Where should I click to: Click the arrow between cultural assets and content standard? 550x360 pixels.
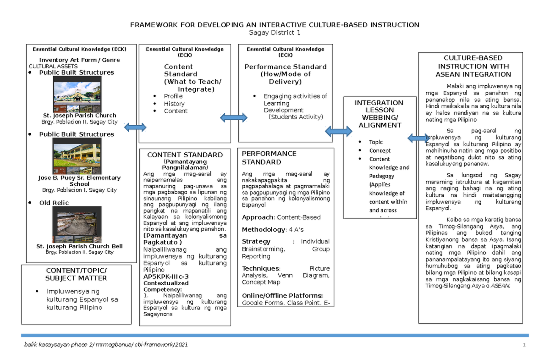(135, 127)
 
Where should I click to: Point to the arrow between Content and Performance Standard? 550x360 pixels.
(233, 118)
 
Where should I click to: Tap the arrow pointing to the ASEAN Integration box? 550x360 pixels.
(418, 138)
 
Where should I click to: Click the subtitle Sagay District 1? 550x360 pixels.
(275, 33)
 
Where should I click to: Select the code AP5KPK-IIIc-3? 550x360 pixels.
(166, 277)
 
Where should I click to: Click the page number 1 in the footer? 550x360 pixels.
(522, 345)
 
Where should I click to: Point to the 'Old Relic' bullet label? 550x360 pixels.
(54, 203)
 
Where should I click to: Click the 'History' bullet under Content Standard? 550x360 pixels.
(174, 104)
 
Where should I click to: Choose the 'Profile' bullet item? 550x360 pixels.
(173, 96)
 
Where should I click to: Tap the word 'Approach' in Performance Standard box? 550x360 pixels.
(257, 217)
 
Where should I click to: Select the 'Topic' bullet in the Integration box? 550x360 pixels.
(376, 142)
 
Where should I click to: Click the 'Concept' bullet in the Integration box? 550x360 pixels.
(380, 150)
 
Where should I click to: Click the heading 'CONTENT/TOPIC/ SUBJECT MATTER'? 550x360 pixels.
(76, 274)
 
